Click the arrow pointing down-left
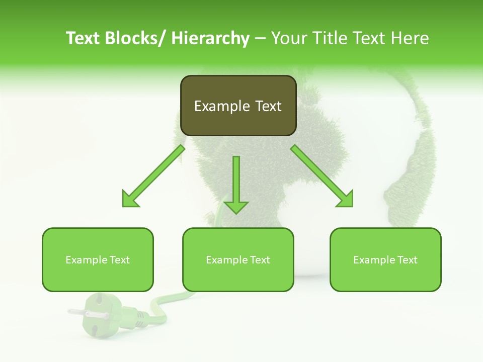153,176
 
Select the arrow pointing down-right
322,176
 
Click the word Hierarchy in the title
210,38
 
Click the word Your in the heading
287,38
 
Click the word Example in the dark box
215,106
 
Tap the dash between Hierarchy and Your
260,39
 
